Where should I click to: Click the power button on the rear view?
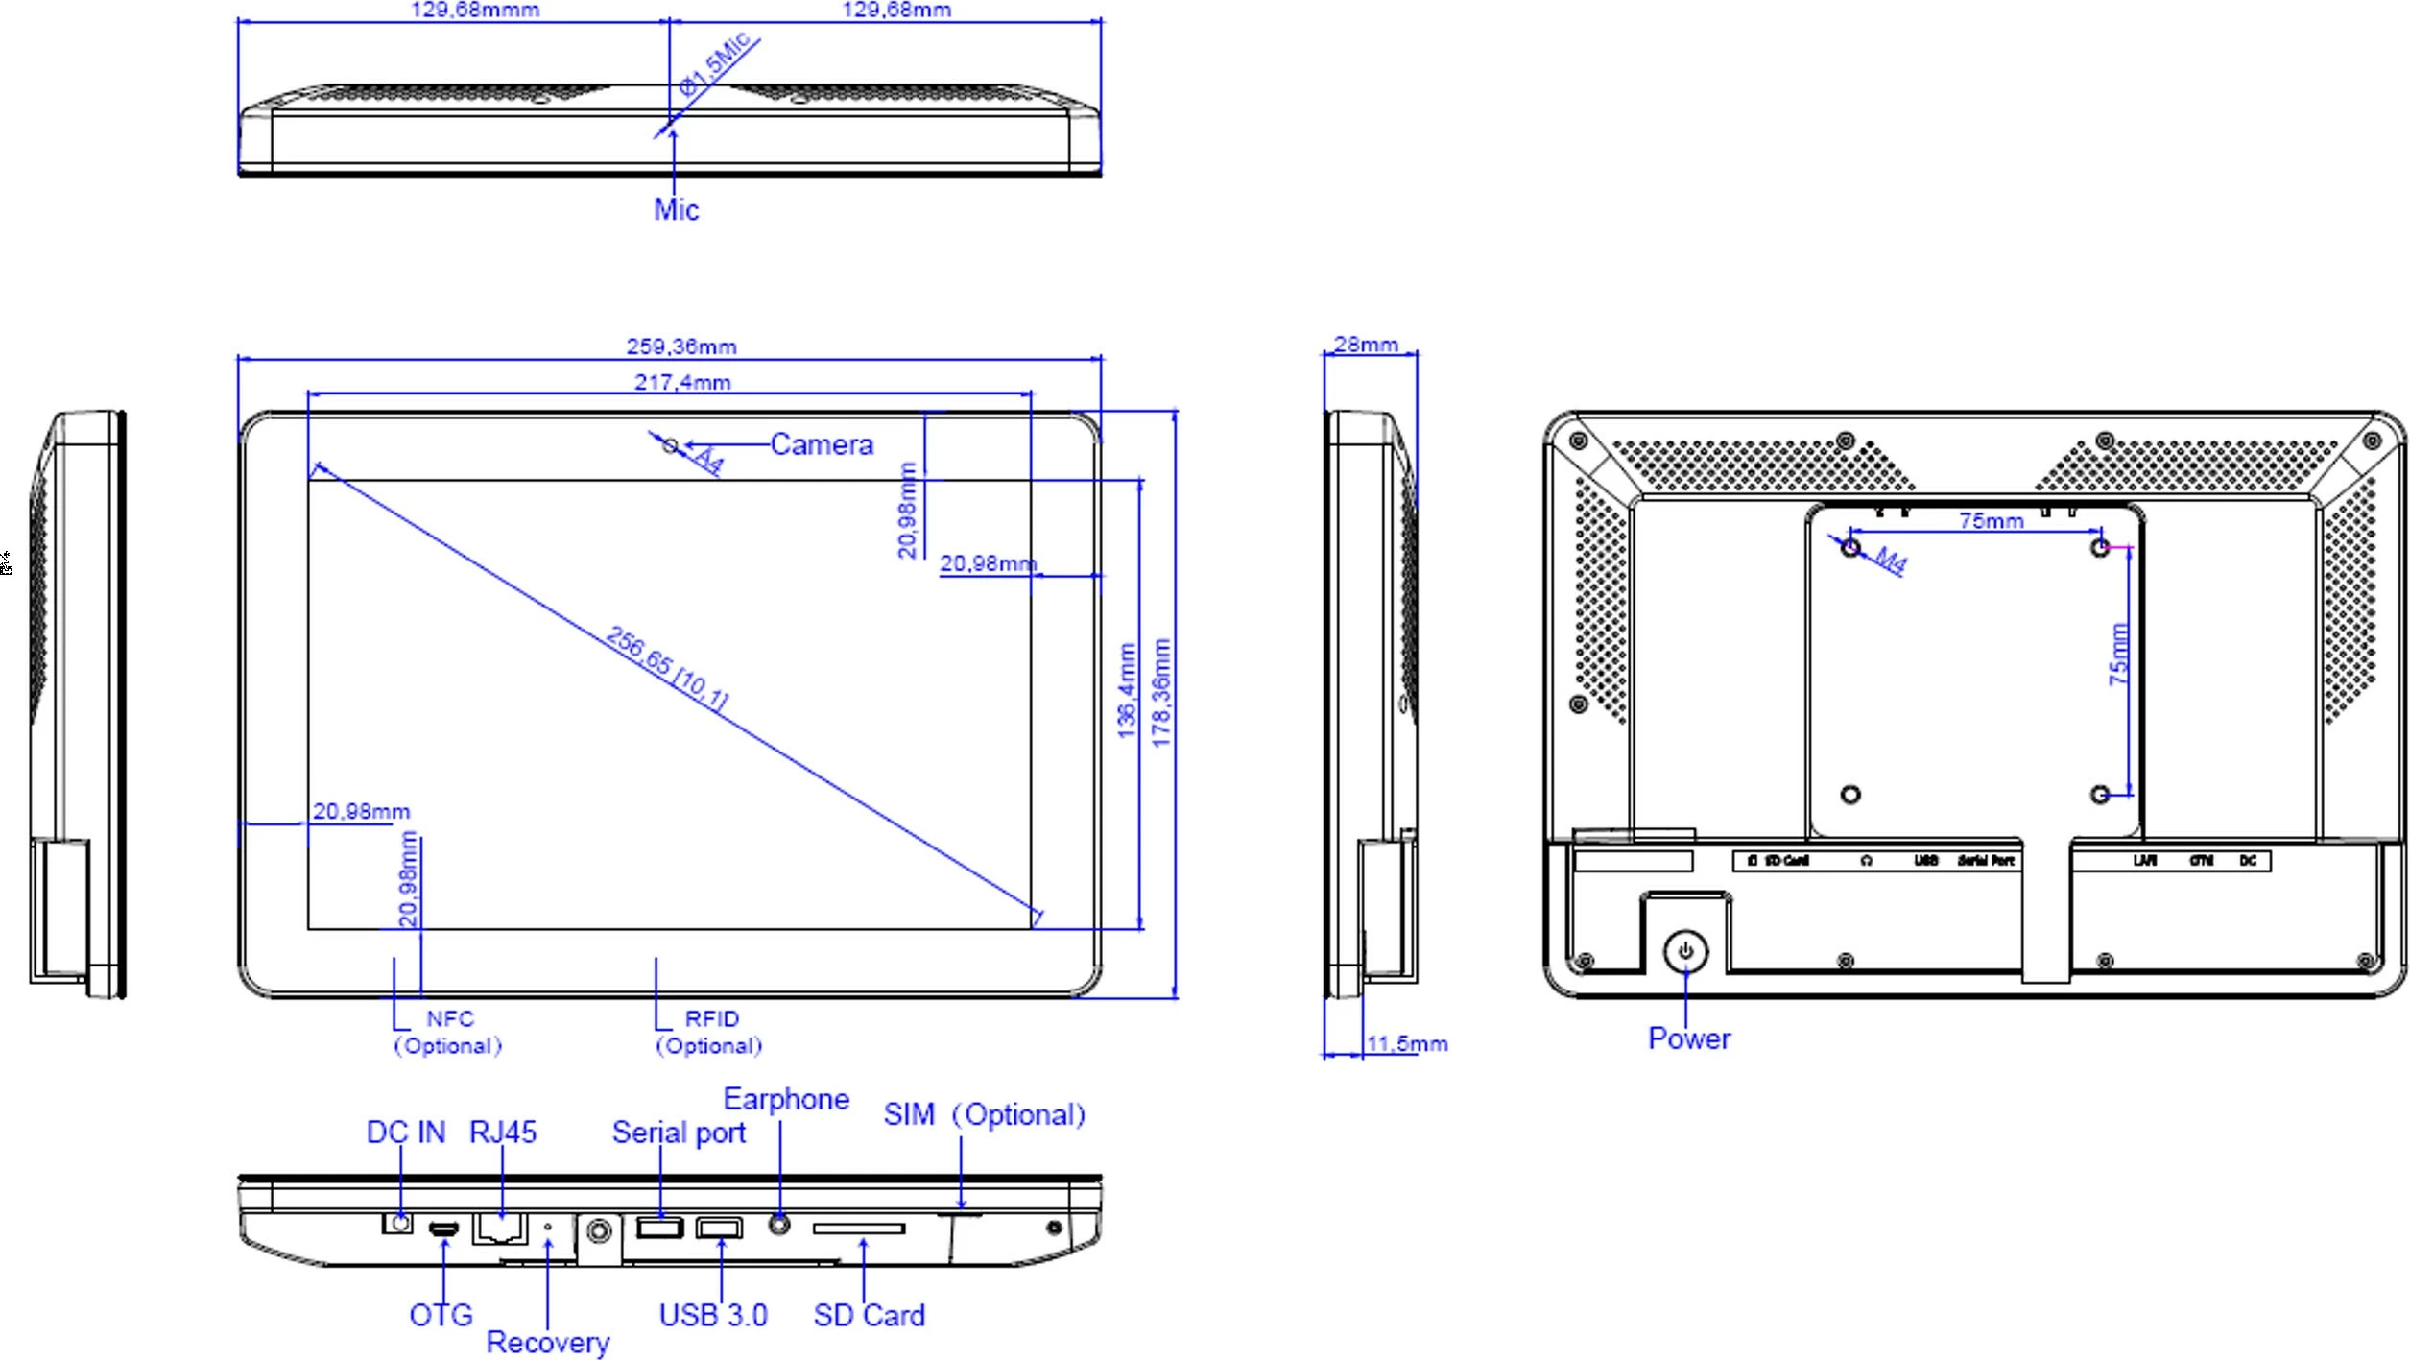click(x=1686, y=952)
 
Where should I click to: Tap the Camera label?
click(x=822, y=444)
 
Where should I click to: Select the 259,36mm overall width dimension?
click(x=681, y=346)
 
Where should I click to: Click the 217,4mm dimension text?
click(x=682, y=382)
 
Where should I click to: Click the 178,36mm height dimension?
click(x=1161, y=692)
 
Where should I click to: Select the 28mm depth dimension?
click(x=1366, y=344)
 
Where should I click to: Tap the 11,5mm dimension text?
click(x=1406, y=1043)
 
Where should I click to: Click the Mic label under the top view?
click(x=676, y=209)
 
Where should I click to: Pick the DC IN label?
click(x=406, y=1133)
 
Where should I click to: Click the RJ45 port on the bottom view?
click(x=500, y=1228)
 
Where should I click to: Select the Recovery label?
click(x=547, y=1342)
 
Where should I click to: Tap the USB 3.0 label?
click(x=712, y=1315)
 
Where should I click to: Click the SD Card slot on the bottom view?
click(x=859, y=1228)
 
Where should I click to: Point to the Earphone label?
click(x=786, y=1099)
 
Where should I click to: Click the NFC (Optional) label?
click(x=448, y=1032)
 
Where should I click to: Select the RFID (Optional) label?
click(x=709, y=1032)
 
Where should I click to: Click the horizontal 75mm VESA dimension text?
click(x=1991, y=520)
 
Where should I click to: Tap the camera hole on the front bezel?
click(x=671, y=445)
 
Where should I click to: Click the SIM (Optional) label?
click(x=984, y=1114)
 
